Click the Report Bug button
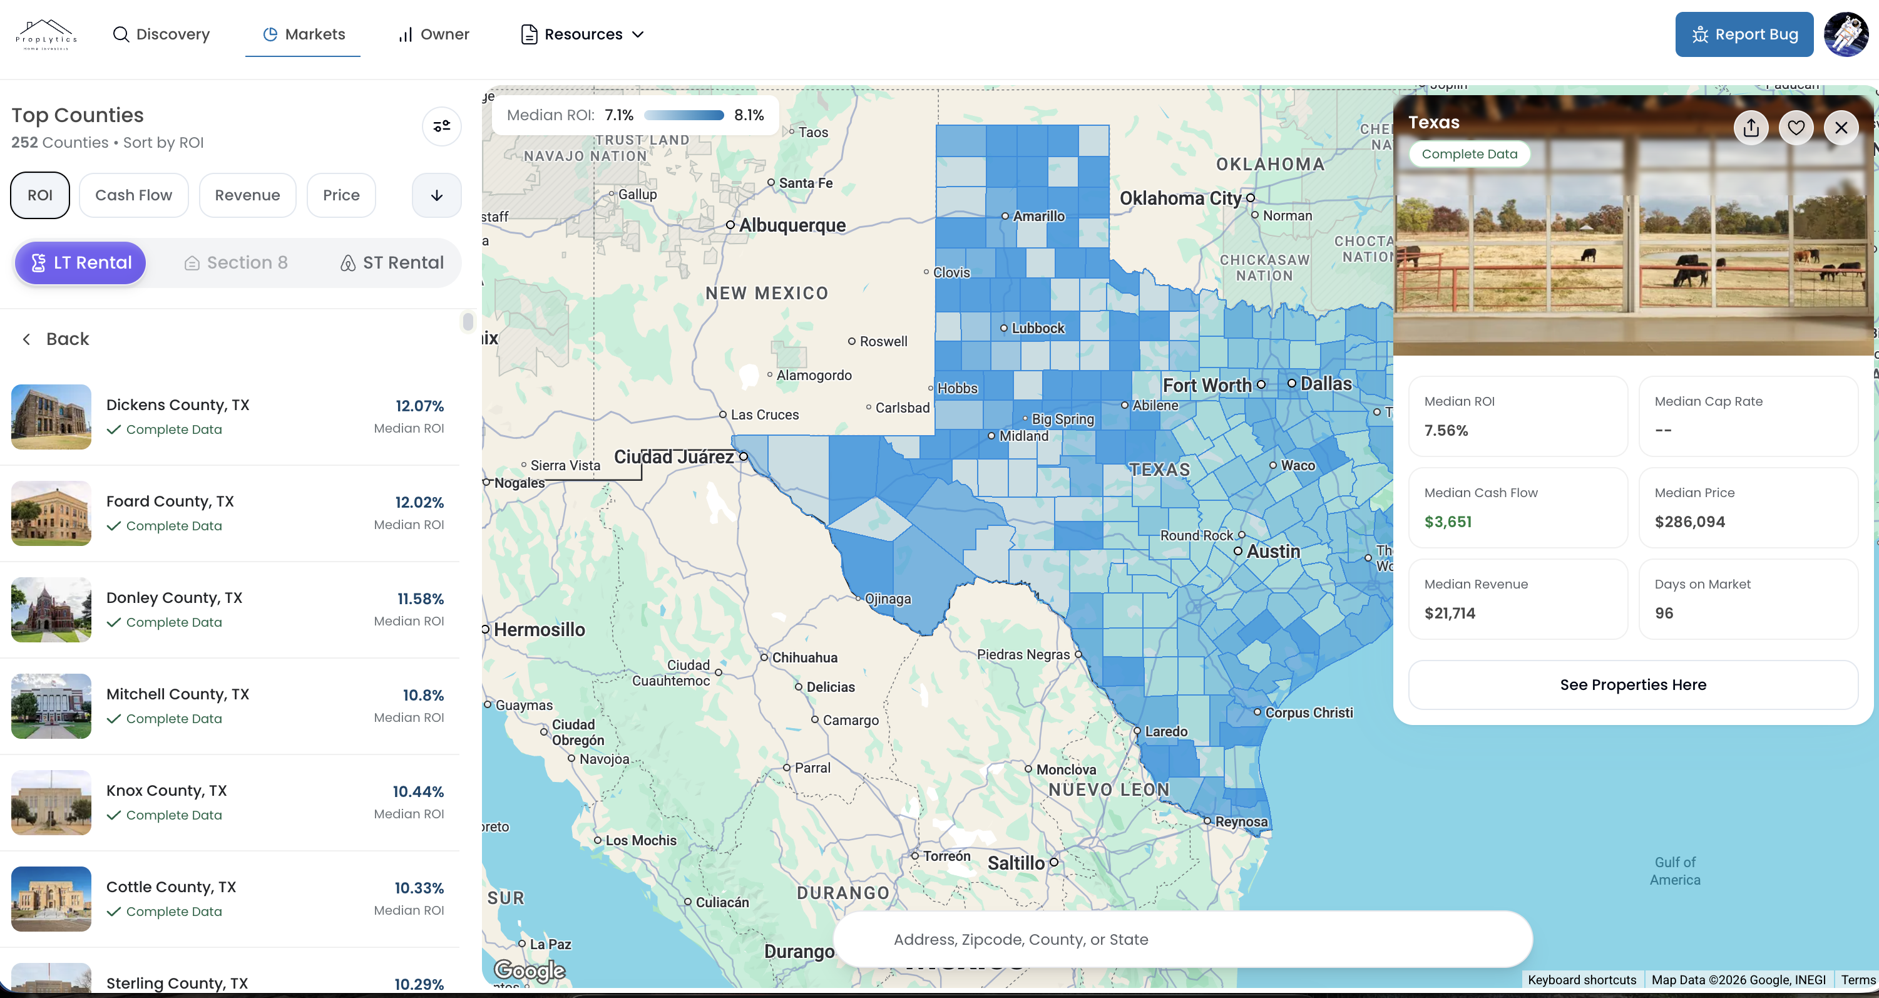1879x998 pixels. click(1743, 34)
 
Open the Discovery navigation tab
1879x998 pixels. click(161, 34)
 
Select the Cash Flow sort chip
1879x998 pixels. click(133, 195)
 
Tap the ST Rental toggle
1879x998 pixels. click(392, 262)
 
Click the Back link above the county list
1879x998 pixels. click(56, 339)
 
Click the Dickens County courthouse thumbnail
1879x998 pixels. click(51, 416)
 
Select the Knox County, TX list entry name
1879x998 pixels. click(166, 791)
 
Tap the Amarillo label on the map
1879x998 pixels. click(1038, 216)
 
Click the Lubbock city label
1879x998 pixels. click(1037, 328)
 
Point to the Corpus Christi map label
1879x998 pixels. click(1309, 712)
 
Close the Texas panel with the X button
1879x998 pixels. click(1840, 128)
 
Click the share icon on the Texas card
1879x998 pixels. click(1751, 128)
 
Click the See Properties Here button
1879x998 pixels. click(1632, 684)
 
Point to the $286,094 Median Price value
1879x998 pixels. click(1689, 522)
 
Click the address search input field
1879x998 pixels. click(1182, 940)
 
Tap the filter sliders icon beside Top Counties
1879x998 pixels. click(441, 126)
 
